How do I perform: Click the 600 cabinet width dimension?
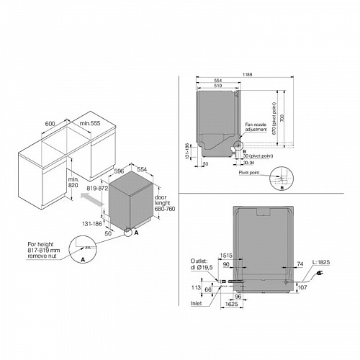click(50, 124)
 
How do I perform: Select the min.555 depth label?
click(89, 124)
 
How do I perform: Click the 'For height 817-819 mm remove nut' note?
click(43, 250)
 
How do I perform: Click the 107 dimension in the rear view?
click(301, 288)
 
